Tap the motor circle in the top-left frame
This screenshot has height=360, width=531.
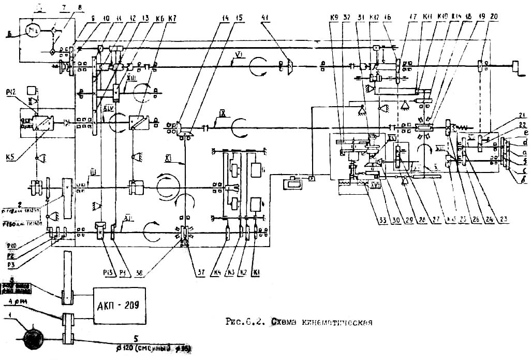32,32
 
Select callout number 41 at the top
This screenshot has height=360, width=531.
266,18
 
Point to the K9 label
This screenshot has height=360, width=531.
334,18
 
